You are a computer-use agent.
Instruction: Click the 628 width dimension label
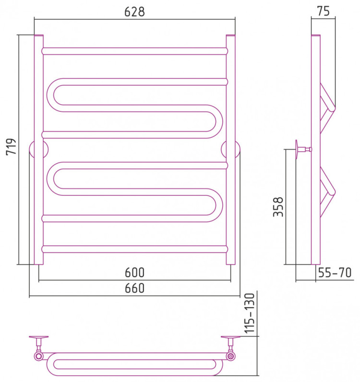[x=134, y=12]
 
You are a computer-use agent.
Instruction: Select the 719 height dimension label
[x=11, y=146]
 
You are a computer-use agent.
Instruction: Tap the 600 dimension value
[x=134, y=273]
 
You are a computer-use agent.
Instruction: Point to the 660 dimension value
[x=134, y=288]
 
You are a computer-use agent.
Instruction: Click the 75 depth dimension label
[x=324, y=11]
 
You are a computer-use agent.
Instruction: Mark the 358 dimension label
[x=278, y=207]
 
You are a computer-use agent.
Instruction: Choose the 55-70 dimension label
[x=335, y=273]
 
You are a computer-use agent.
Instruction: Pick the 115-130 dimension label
[x=250, y=313]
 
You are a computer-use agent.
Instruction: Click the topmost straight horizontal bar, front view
[x=134, y=51]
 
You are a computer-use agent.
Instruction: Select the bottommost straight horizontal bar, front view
[x=134, y=249]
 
